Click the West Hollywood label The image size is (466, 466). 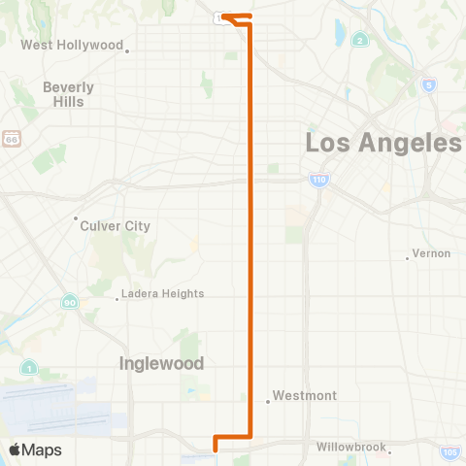point(72,45)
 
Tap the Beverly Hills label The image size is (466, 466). point(68,93)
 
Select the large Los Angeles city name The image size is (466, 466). point(383,143)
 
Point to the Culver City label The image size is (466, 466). point(116,225)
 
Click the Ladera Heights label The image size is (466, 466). point(163,293)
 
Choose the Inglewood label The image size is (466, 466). point(161,363)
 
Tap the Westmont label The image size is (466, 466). point(305,396)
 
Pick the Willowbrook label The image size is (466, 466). point(350,449)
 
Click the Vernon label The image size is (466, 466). point(431,253)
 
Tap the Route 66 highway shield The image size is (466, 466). point(11,139)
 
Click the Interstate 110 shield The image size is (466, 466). point(318,180)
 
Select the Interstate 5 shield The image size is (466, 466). point(428,84)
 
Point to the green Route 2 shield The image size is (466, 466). point(360,40)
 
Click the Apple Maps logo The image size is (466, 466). point(35,449)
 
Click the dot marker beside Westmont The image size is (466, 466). point(268,401)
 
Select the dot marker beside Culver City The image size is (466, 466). point(77,218)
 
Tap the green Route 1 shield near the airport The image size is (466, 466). point(30,368)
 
